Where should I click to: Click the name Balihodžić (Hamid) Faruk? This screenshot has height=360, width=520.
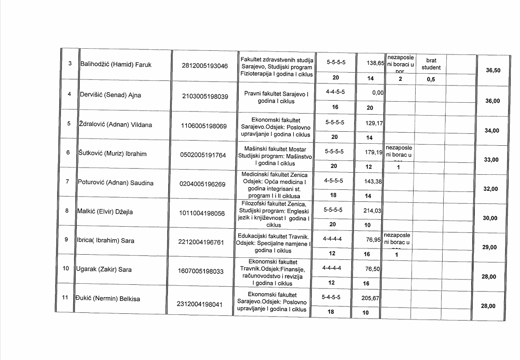[x=115, y=65]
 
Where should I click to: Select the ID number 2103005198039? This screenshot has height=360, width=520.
[x=205, y=96]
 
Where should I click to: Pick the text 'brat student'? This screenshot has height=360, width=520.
[x=431, y=64]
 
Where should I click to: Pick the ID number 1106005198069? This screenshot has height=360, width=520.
[x=204, y=126]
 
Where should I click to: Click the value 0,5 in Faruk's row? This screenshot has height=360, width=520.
[x=430, y=80]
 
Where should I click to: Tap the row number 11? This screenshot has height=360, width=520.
[x=65, y=298]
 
